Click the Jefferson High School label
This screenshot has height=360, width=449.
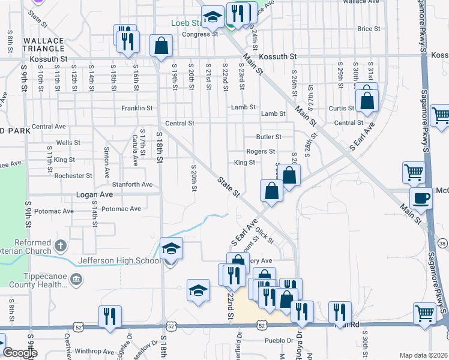pyautogui.click(x=119, y=260)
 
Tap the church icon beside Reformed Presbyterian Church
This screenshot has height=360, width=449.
pyautogui.click(x=60, y=245)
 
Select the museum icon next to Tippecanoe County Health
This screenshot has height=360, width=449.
pyautogui.click(x=76, y=279)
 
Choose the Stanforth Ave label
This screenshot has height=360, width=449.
pyautogui.click(x=131, y=184)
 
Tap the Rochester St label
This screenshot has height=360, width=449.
pyautogui.click(x=73, y=176)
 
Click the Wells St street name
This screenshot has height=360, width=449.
pyautogui.click(x=68, y=143)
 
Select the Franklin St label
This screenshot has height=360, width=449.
pyautogui.click(x=137, y=108)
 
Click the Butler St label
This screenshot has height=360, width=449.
pyautogui.click(x=268, y=137)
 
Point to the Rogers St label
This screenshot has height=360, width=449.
pyautogui.click(x=261, y=151)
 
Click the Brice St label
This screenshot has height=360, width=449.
pyautogui.click(x=369, y=28)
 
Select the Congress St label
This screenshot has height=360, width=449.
pyautogui.click(x=200, y=34)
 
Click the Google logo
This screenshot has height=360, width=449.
pyautogui.click(x=19, y=353)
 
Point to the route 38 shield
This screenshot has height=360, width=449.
pyautogui.click(x=442, y=243)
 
